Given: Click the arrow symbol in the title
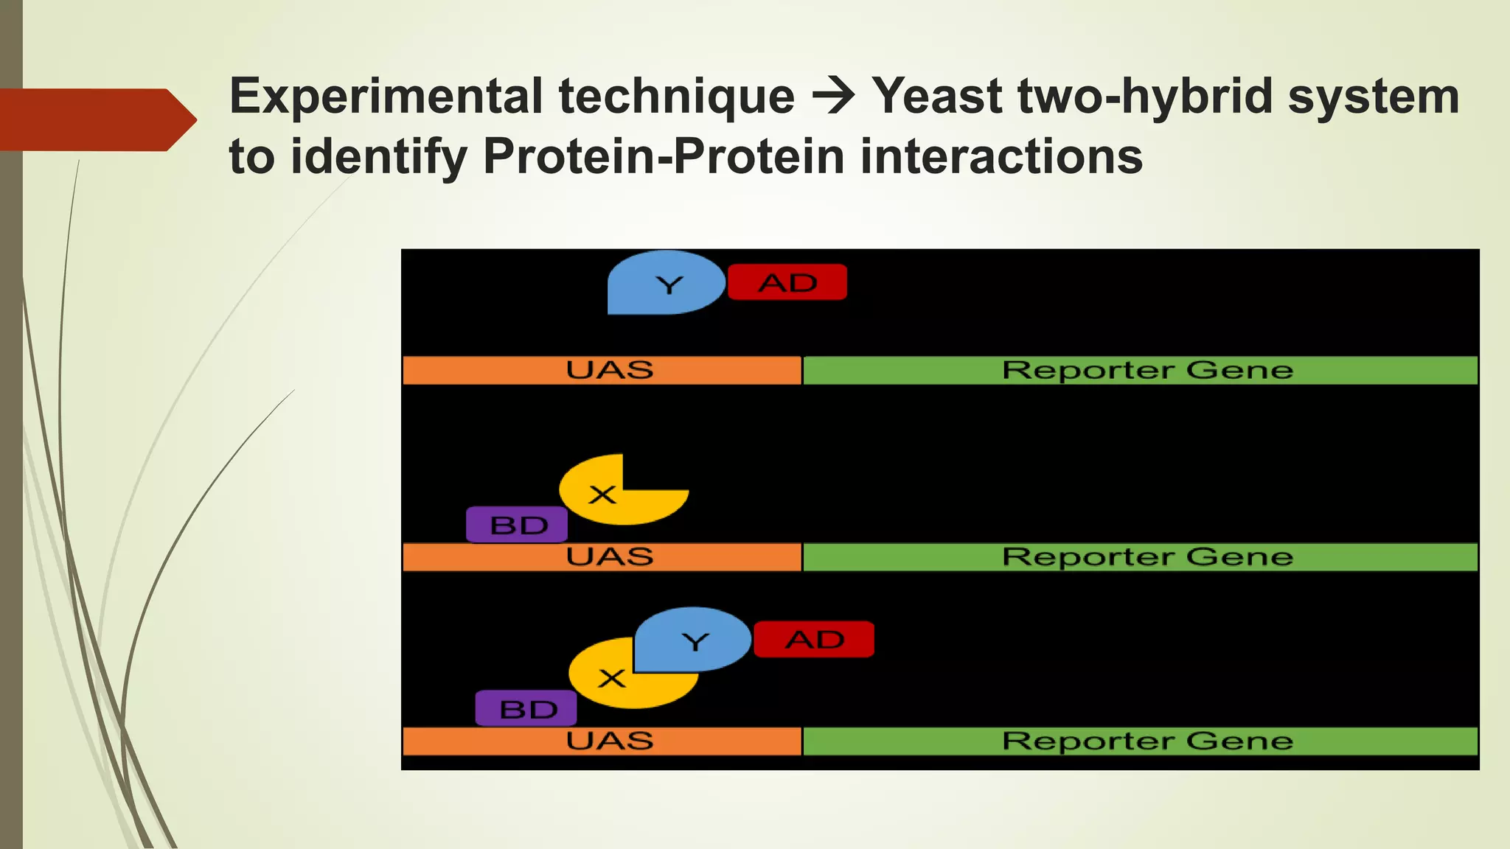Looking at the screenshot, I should [833, 97].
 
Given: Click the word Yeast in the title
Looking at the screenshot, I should [935, 97].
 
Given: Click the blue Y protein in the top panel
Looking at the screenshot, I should [664, 283].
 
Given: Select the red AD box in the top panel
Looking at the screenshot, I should [787, 282].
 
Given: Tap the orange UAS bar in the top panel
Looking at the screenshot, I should [602, 370].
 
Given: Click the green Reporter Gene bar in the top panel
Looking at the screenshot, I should [1139, 370].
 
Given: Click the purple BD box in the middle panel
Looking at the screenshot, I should [517, 525].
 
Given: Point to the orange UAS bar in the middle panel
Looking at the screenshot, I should [602, 557].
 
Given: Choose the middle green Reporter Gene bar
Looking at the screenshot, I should [1139, 557].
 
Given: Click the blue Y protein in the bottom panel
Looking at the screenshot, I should [693, 640].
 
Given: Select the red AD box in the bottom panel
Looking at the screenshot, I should [814, 639].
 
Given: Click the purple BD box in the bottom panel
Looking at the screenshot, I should [526, 708].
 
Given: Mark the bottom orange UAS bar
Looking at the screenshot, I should [602, 741].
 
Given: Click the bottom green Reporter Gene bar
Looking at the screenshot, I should [1139, 741].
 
